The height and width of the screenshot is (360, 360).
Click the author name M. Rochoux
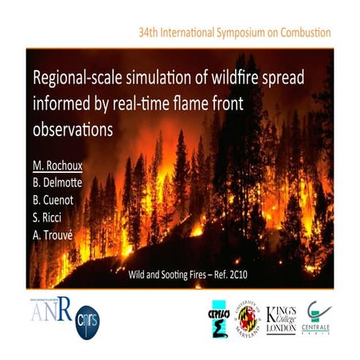(x=58, y=166)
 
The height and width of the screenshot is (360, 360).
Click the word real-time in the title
(x=166, y=104)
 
